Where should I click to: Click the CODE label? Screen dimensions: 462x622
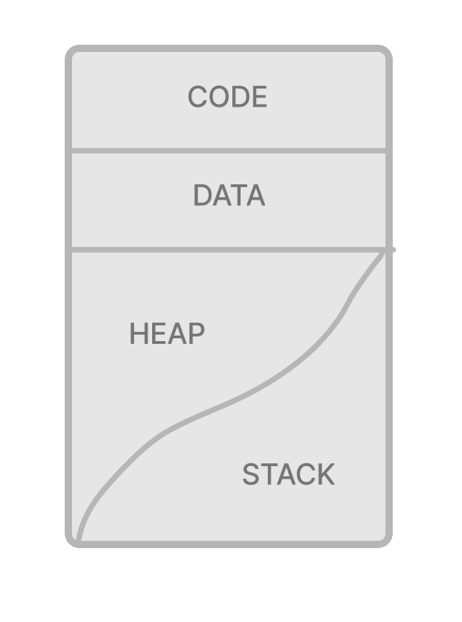(228, 97)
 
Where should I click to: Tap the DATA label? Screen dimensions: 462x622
(229, 195)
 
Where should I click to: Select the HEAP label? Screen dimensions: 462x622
(167, 333)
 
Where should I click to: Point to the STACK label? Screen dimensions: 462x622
(289, 474)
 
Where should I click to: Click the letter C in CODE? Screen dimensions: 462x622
(198, 97)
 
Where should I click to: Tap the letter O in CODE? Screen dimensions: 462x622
(219, 97)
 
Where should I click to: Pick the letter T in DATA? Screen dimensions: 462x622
(230, 195)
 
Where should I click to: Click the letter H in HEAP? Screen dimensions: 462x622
(139, 333)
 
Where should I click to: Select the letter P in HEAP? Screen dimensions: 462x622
(197, 333)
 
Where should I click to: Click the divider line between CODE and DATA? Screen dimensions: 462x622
(229, 150)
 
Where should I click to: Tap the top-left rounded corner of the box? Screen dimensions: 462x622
(72, 52)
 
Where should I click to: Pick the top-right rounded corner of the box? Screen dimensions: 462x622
(385, 52)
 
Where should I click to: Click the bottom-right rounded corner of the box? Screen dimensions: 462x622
(385, 541)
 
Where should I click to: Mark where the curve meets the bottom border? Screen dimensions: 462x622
(79, 541)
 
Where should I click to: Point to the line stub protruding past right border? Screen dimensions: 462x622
(393, 250)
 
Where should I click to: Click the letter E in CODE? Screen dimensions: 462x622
(260, 97)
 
